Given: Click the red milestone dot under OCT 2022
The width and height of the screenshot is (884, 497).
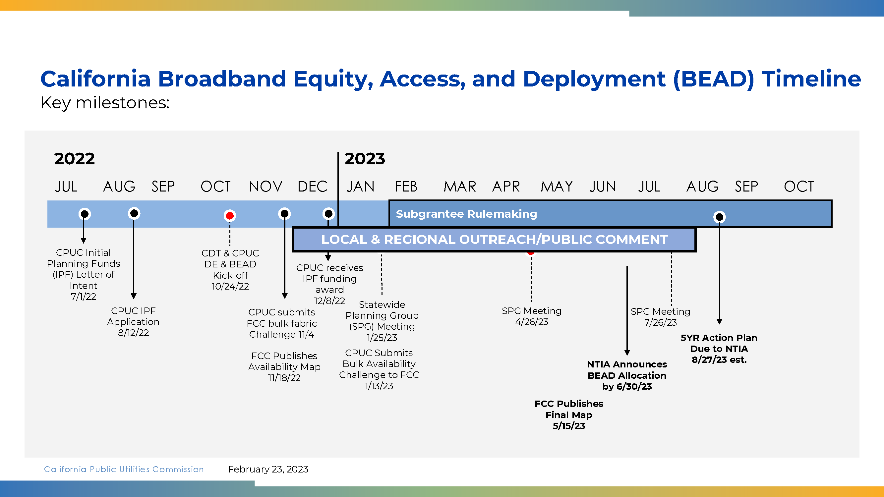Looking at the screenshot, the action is [230, 216].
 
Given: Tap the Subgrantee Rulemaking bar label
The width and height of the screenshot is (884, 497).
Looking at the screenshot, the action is [466, 214].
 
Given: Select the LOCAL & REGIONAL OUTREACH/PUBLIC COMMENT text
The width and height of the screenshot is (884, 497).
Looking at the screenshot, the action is [495, 240].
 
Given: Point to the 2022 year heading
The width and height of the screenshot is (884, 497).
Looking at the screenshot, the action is [75, 158].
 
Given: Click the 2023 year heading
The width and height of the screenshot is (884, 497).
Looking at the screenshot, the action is [365, 158].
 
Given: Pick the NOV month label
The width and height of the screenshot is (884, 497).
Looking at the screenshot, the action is [265, 187].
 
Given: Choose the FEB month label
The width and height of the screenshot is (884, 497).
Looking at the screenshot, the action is [406, 187].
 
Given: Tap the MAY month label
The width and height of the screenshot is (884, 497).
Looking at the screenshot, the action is [557, 187].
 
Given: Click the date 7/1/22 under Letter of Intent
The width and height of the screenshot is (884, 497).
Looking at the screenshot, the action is [84, 297].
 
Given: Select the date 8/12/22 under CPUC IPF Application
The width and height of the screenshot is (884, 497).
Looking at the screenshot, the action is [134, 333].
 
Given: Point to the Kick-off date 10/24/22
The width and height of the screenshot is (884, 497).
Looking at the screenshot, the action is [230, 286].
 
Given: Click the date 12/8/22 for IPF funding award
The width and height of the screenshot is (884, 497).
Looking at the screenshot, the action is [329, 301].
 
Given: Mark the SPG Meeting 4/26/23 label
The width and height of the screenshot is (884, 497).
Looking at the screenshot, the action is [532, 316].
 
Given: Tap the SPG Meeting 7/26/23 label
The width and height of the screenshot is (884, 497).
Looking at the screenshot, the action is [661, 317].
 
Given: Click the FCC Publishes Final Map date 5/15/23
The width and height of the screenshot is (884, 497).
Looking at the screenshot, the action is [569, 426].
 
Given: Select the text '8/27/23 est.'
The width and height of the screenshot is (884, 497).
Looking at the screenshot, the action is [719, 360].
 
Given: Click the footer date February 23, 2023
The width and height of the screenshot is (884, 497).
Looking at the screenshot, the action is [268, 469].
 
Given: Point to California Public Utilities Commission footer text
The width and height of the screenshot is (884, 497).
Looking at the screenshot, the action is [124, 469].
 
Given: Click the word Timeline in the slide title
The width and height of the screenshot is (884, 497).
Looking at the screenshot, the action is [811, 79].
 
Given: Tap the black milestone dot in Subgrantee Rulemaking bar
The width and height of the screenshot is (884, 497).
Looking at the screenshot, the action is [719, 217].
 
